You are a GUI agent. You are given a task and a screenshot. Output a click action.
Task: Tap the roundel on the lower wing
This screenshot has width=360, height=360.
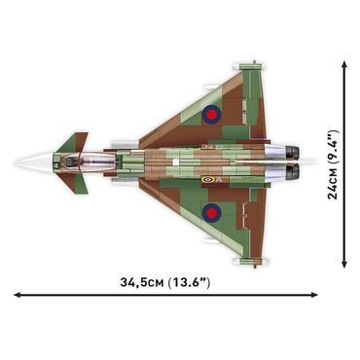[211, 211]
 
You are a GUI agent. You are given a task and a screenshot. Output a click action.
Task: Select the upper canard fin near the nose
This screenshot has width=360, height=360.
[70, 144]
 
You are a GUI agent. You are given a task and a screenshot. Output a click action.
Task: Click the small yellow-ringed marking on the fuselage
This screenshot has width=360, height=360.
[206, 179]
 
